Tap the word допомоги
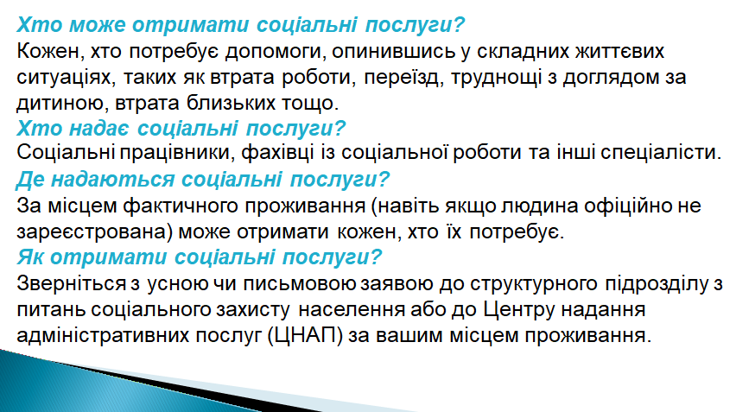click(276, 52)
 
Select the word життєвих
click(619, 51)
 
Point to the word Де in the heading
click(30, 180)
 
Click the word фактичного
click(181, 206)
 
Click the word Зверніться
click(72, 283)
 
